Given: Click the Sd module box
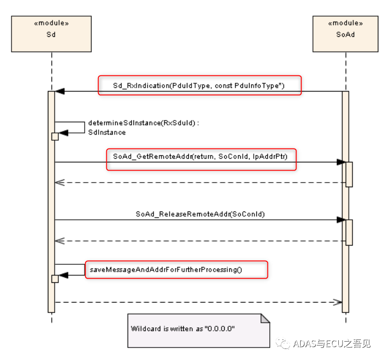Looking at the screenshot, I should coord(51,34).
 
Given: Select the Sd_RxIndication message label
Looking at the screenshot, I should coord(199,86).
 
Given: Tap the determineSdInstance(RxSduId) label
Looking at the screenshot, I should coord(143,123).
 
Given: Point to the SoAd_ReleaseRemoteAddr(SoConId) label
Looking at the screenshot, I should coord(200,214).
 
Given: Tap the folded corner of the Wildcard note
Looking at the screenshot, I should coord(265,318).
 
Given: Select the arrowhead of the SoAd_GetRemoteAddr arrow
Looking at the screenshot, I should coord(341,162).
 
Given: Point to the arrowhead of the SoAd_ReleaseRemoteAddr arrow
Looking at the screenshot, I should coord(341,220).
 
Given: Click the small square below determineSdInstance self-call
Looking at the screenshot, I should coord(55,136).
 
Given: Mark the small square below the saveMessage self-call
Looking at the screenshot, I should coord(55,279).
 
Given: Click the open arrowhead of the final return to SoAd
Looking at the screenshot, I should coord(338,302).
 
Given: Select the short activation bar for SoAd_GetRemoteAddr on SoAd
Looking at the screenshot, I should coord(349,174).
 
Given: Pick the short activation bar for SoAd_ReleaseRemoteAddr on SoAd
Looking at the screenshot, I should coord(349,232).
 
